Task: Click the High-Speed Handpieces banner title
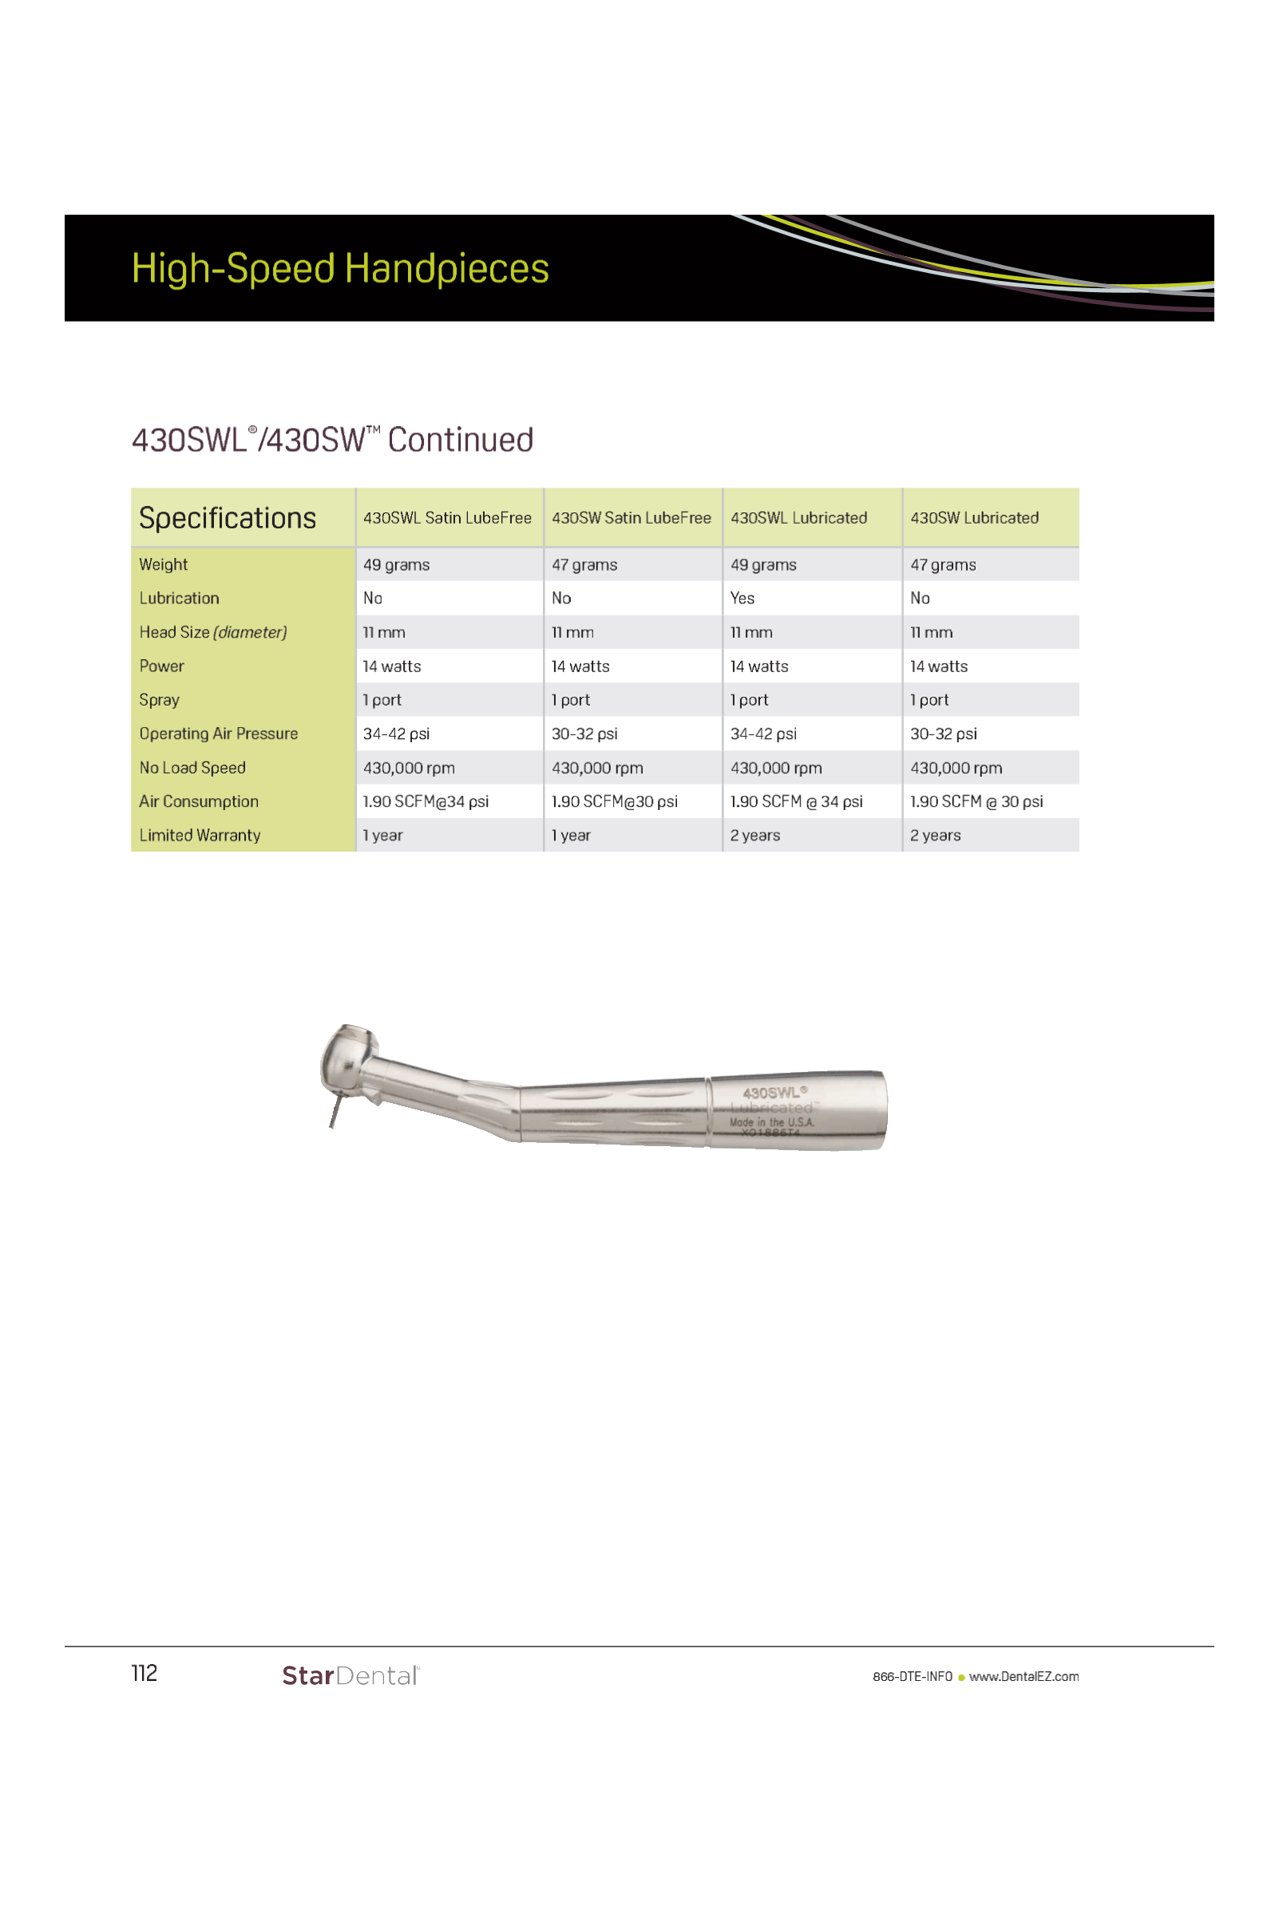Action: click(340, 268)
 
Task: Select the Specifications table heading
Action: click(228, 518)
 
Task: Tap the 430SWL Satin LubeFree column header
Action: click(447, 518)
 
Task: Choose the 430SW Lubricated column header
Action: click(974, 518)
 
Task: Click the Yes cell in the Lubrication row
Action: click(742, 598)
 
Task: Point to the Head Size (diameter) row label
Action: click(213, 632)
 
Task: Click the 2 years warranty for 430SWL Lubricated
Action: click(755, 835)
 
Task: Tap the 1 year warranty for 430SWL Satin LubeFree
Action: click(382, 835)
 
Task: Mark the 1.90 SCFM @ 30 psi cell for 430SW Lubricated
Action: click(976, 801)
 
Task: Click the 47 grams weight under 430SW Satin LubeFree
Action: click(584, 564)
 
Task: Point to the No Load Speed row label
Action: click(192, 767)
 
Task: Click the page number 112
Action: click(145, 1675)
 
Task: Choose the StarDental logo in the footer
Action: click(350, 1676)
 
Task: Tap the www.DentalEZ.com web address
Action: click(1024, 1677)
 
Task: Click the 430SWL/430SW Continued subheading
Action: click(333, 441)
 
